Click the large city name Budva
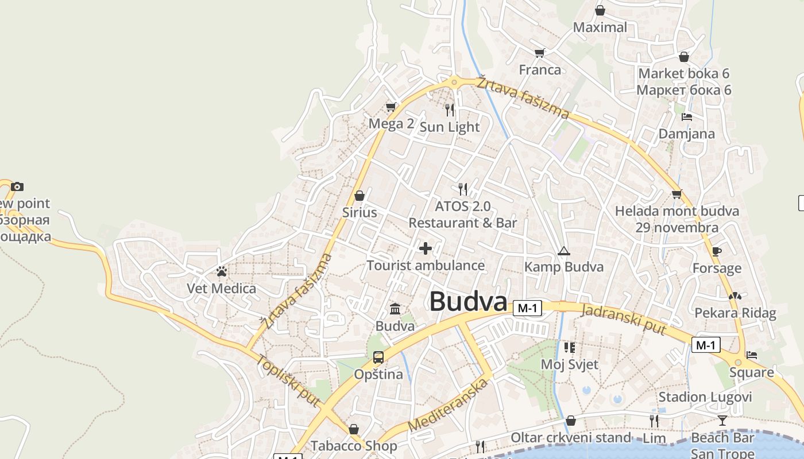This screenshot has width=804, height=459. [x=468, y=302]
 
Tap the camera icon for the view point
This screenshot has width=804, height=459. [x=17, y=186]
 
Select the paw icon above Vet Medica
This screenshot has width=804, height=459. [x=222, y=271]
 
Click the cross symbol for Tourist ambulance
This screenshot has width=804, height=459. [x=426, y=248]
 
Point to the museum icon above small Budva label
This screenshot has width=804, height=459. [x=395, y=309]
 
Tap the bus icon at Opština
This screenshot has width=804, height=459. [x=378, y=357]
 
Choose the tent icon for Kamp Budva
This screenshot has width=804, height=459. [x=564, y=251]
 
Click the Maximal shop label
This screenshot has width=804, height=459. [x=600, y=27]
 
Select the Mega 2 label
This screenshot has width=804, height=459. [x=391, y=123]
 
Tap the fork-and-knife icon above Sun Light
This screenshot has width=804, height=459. [x=450, y=109]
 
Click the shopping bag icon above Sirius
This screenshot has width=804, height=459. [x=360, y=196]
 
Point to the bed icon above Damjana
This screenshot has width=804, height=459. [x=686, y=117]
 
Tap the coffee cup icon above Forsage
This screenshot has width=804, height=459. [x=716, y=251]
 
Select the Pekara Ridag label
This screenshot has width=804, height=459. [x=735, y=313]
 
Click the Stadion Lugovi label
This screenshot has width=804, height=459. [x=705, y=397]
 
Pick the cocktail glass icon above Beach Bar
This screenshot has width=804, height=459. [x=722, y=421]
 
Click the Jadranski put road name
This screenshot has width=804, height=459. [x=624, y=320]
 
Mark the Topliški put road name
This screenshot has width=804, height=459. [x=287, y=380]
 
